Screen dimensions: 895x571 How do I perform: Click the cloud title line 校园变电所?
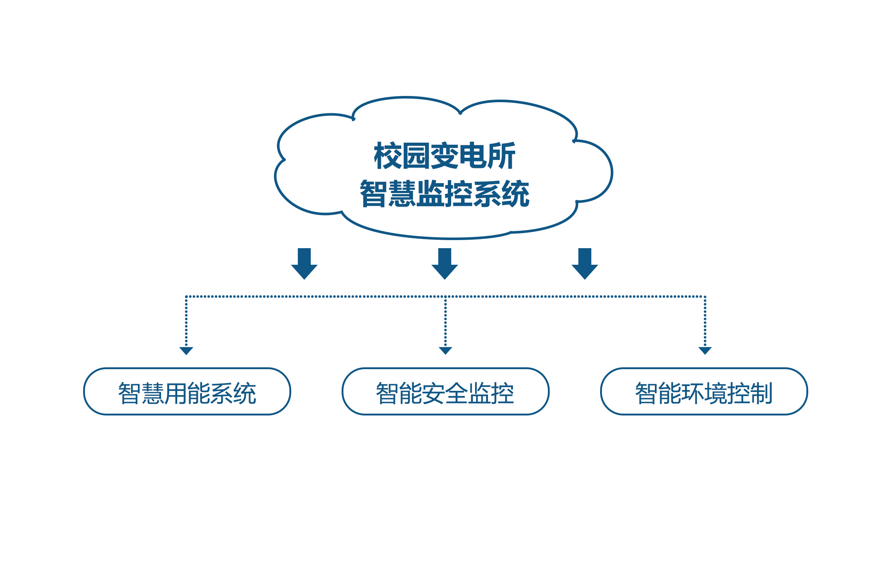point(445,156)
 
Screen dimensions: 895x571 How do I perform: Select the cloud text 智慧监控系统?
point(445,193)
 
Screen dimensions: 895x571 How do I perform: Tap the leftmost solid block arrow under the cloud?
point(304,264)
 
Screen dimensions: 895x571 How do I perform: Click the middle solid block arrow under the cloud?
point(445,264)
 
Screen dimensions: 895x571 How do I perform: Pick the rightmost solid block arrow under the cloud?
point(585,264)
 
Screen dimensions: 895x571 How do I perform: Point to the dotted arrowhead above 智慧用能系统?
point(186,351)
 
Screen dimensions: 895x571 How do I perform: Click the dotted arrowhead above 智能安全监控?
point(445,351)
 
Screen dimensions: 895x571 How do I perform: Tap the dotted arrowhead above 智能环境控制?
point(705,351)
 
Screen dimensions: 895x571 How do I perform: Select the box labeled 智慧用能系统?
point(187,392)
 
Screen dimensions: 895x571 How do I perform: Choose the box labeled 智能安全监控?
point(445,392)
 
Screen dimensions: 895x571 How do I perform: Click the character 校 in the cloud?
point(388,156)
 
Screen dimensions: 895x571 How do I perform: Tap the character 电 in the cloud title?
point(473,156)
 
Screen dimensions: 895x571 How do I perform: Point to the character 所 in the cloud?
point(502,156)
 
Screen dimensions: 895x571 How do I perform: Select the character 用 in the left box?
point(175,393)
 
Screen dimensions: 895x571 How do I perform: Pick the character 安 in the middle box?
point(434,393)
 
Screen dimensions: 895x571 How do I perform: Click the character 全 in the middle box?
point(457,393)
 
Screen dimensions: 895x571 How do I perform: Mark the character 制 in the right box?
point(761,393)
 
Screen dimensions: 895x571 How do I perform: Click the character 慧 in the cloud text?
point(402,193)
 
